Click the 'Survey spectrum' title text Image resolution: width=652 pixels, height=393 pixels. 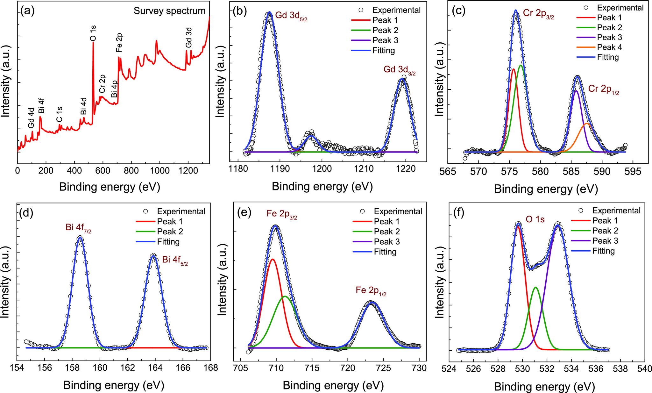[169, 11]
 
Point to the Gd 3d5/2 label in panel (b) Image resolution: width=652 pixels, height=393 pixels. [291, 17]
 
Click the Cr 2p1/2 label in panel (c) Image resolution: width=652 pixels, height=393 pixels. [604, 89]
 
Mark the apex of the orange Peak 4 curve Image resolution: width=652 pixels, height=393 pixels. [587, 123]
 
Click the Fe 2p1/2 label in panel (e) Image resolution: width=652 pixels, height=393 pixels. [371, 291]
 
